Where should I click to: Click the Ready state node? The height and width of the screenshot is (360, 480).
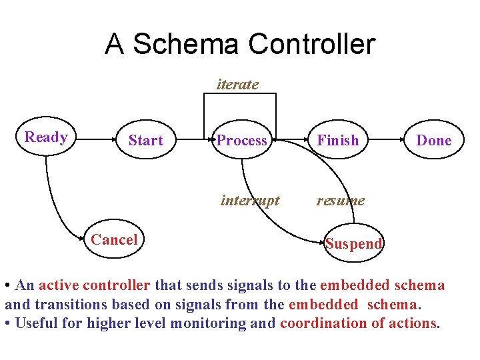[46, 137]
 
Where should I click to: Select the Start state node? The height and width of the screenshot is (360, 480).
[145, 140]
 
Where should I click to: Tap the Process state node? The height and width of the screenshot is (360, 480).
[241, 140]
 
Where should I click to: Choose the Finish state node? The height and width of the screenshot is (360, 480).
[337, 140]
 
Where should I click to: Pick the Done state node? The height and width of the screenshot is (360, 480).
[433, 140]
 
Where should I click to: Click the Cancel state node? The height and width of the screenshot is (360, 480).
[114, 240]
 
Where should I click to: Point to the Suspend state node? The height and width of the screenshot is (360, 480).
[354, 243]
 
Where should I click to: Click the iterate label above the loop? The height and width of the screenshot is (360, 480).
[237, 85]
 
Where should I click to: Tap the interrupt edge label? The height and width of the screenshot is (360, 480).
[250, 200]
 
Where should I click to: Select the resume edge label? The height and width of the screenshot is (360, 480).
[340, 200]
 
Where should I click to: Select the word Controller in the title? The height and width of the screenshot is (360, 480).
[311, 45]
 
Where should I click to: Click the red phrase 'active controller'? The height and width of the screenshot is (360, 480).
[95, 285]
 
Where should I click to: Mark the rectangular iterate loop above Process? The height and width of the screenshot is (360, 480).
[239, 94]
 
